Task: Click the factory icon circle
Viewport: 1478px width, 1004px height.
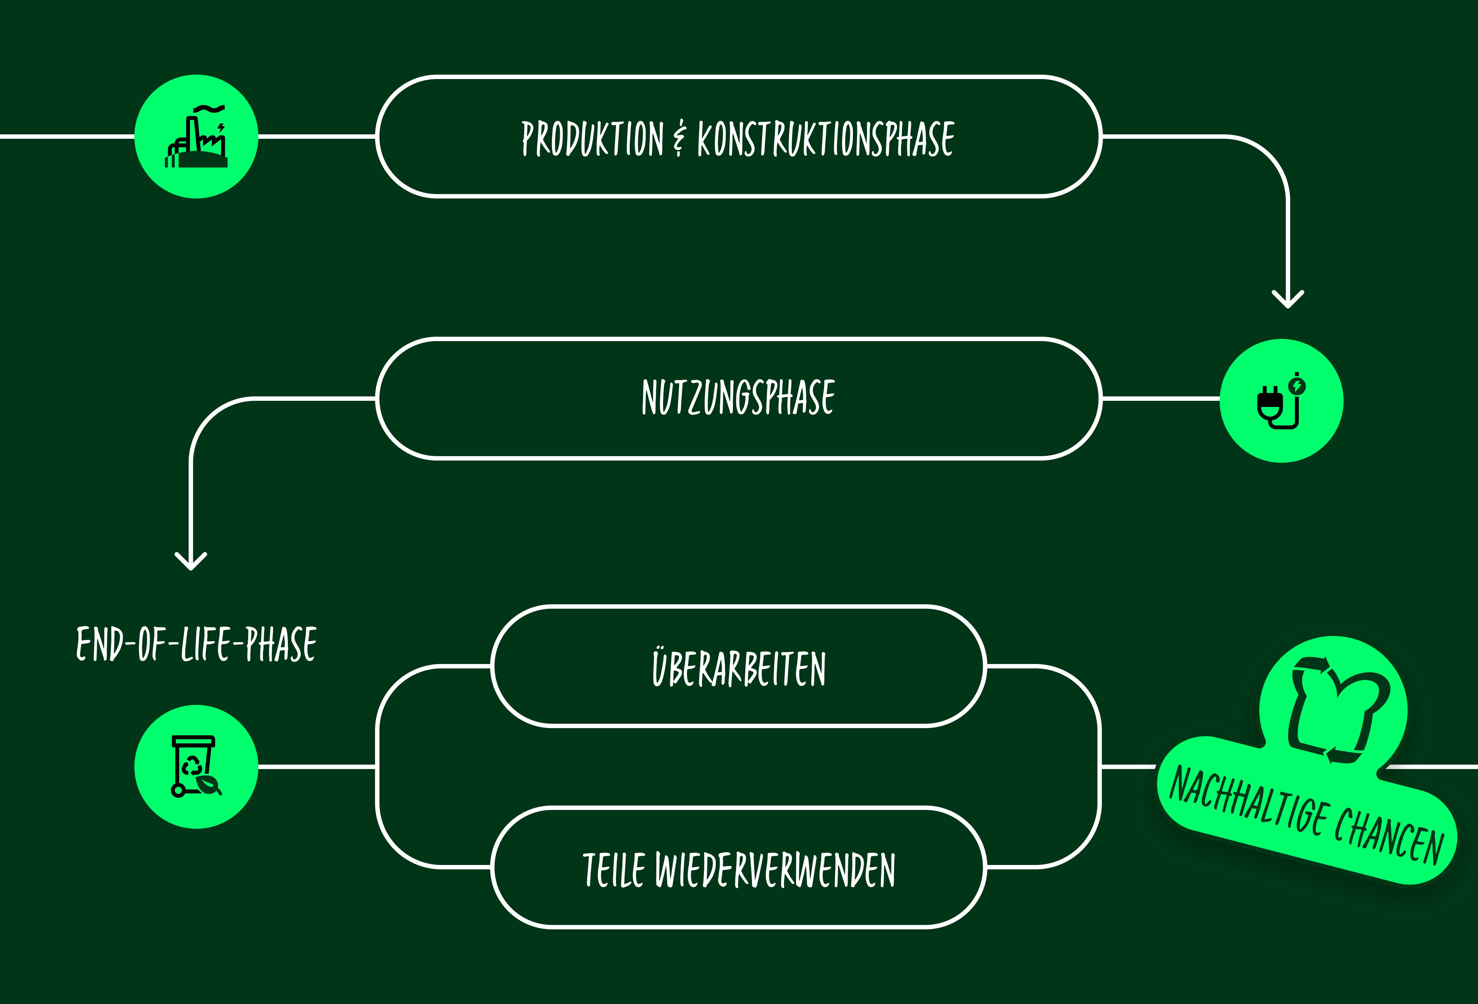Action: pos(197,137)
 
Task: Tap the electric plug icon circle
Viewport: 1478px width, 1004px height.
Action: pos(1281,401)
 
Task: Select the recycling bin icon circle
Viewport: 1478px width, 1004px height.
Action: pos(197,767)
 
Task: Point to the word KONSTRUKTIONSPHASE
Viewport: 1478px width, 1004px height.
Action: pos(826,138)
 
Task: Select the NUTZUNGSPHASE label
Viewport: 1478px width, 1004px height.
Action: pos(738,398)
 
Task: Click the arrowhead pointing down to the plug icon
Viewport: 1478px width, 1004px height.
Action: pos(1288,300)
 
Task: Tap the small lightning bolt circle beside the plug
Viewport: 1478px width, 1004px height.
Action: pos(1297,385)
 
